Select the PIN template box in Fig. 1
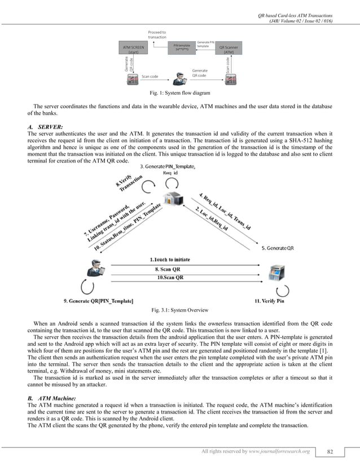pyautogui.click(x=181, y=47)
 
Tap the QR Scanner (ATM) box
pyautogui.click(x=229, y=49)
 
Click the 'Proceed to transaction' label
pyautogui.click(x=157, y=34)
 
